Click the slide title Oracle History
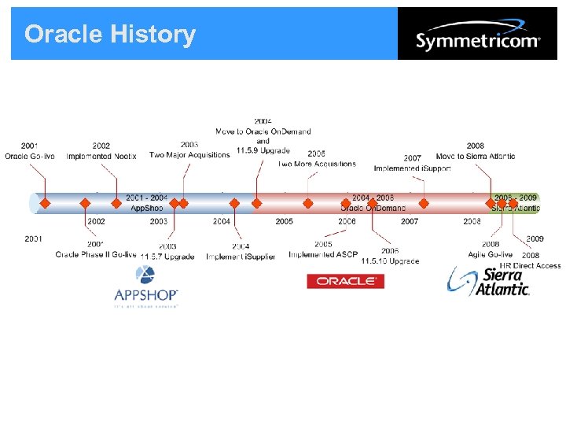110,35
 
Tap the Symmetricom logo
477,35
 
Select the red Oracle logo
345,281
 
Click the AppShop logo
146,287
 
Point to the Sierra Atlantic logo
488,281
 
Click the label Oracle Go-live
30,156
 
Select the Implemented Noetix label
101,156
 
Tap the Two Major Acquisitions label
189,155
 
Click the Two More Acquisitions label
317,164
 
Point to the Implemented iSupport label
412,168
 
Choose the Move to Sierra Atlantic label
476,156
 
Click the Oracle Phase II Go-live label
96,254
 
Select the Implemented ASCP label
323,254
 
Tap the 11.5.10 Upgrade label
390,261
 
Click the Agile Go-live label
490,254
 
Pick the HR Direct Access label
531,265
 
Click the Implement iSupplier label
241,257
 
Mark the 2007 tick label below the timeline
410,222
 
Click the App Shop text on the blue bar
146,208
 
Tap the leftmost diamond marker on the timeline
45,203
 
